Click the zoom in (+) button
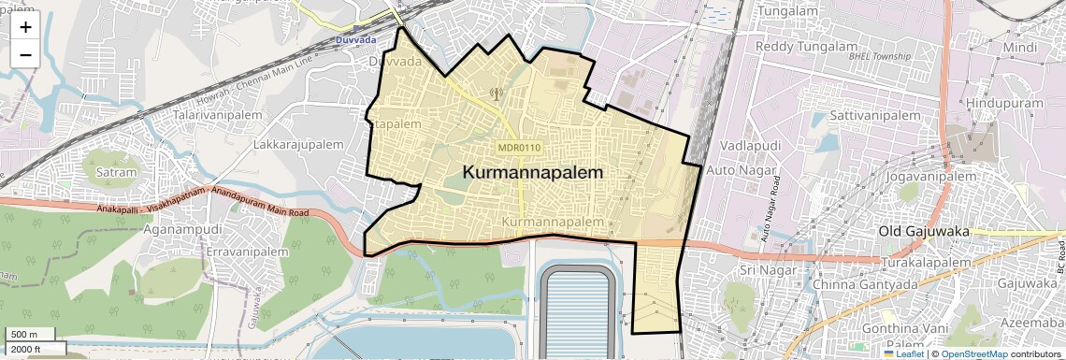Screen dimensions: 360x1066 point(25,27)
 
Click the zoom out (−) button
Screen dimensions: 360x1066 point(25,54)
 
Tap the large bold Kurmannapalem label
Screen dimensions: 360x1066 point(533,173)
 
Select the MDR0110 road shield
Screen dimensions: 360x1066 point(520,148)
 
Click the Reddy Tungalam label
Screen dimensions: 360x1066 point(792,47)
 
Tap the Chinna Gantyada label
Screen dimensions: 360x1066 point(857,283)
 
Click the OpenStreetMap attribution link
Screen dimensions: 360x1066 point(973,353)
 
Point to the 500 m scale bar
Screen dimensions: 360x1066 point(25,335)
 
